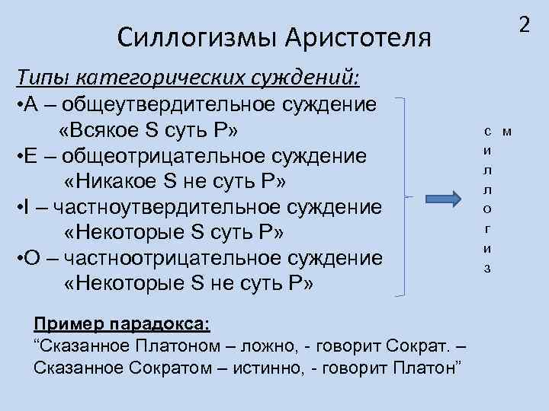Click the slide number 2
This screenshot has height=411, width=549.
click(523, 25)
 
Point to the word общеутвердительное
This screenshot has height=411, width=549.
click(183, 104)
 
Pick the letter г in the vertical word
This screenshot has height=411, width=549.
click(487, 228)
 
